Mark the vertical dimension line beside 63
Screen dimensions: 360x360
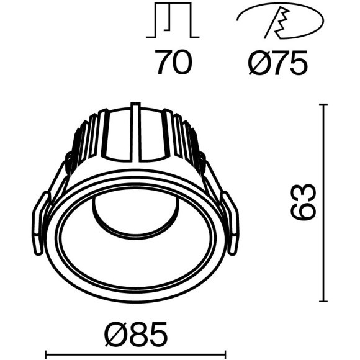pos(323,202)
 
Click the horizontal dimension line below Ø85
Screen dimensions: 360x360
pos(135,356)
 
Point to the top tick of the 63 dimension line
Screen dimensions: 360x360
pos(323,105)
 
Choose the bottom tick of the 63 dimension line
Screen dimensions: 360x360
pos(323,300)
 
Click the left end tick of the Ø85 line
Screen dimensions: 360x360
pos(47,356)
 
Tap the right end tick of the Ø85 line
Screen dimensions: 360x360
pos(225,356)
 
